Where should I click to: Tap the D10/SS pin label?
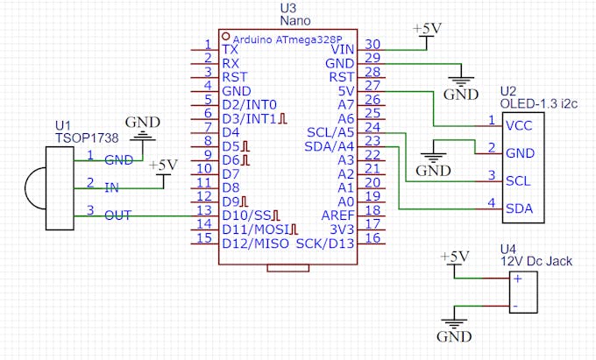[249, 215]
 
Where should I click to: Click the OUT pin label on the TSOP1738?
[118, 215]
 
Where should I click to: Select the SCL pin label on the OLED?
[518, 180]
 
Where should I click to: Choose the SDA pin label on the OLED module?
[518, 208]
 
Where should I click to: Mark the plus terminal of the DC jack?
[517, 279]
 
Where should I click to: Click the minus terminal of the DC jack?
[517, 306]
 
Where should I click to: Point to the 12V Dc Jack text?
[536, 260]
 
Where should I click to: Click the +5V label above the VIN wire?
[427, 28]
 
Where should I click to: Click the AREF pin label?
[338, 214]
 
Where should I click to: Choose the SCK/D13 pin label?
[325, 242]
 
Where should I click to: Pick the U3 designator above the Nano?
[287, 8]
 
